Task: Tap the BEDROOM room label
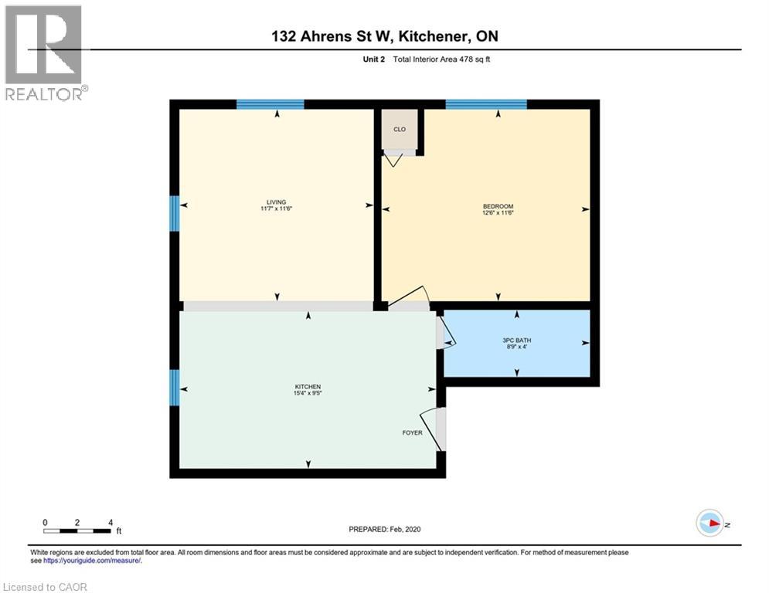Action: [498, 206]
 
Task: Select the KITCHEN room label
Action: [308, 387]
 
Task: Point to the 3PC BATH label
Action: [517, 341]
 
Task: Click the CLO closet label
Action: [400, 130]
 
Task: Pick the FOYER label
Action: [412, 432]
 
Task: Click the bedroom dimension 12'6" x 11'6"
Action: [498, 213]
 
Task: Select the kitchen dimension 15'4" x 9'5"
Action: [308, 394]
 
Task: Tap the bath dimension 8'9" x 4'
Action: [517, 347]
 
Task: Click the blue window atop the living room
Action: [270, 104]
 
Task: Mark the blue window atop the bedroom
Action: [486, 104]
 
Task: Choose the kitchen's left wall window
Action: [175, 387]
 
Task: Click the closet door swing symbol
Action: [394, 160]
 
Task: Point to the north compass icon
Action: [709, 524]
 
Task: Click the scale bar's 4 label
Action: [111, 522]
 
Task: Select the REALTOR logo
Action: [44, 53]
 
